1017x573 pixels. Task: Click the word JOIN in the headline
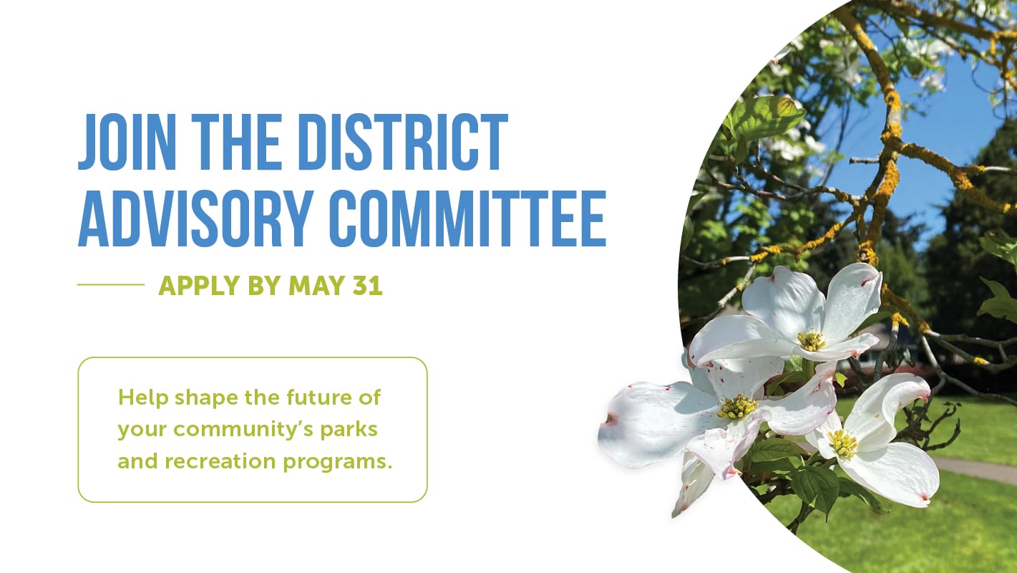127,142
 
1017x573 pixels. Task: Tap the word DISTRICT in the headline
403,142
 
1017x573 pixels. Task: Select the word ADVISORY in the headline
195,218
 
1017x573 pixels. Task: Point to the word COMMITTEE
468,218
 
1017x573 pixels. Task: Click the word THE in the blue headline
237,142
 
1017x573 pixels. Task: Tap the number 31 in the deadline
368,285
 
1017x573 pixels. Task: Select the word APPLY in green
199,286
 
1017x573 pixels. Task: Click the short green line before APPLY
111,285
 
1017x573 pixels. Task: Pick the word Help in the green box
143,398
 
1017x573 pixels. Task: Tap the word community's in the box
243,430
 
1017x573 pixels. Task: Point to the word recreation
220,461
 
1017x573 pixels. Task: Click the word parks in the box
349,430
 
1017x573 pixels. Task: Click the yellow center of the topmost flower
811,341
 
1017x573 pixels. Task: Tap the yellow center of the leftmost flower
737,407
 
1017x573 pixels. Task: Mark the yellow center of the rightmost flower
842,443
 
